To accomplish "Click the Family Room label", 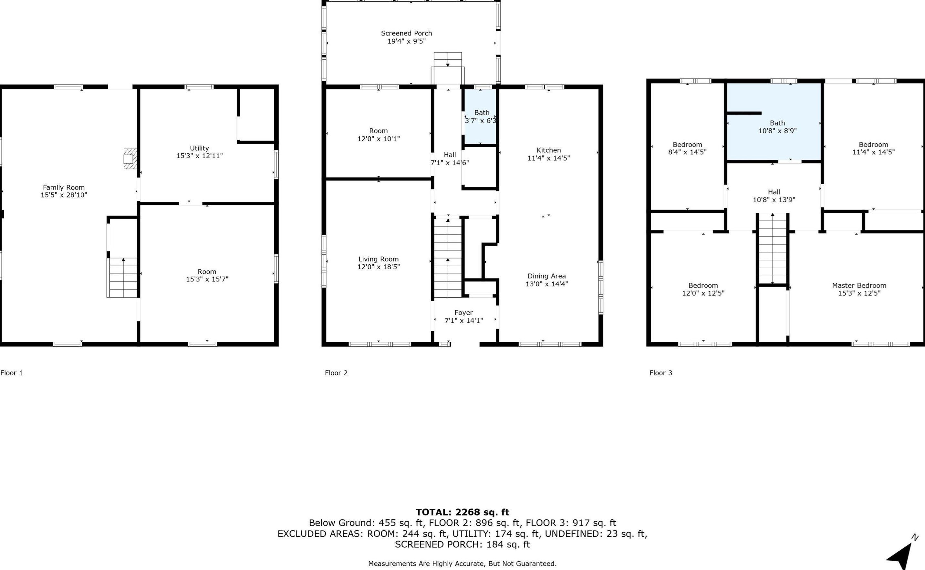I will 64,187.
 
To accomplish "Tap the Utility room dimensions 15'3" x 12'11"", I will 200,156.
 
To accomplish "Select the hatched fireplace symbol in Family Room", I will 130,159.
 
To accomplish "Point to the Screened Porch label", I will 406,33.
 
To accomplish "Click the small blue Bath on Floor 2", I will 480,117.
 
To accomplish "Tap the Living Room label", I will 379,259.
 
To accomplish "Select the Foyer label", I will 464,312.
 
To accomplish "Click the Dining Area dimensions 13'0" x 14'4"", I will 546,284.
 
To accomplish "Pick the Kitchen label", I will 548,150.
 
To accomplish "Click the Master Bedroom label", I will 859,285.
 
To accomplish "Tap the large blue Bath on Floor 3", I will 774,127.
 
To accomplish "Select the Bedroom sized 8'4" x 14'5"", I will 687,148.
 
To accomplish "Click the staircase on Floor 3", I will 772,249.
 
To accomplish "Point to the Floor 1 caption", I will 12,373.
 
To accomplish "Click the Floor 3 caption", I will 660,373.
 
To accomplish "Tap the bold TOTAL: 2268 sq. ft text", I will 462,512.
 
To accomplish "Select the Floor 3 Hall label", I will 774,192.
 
